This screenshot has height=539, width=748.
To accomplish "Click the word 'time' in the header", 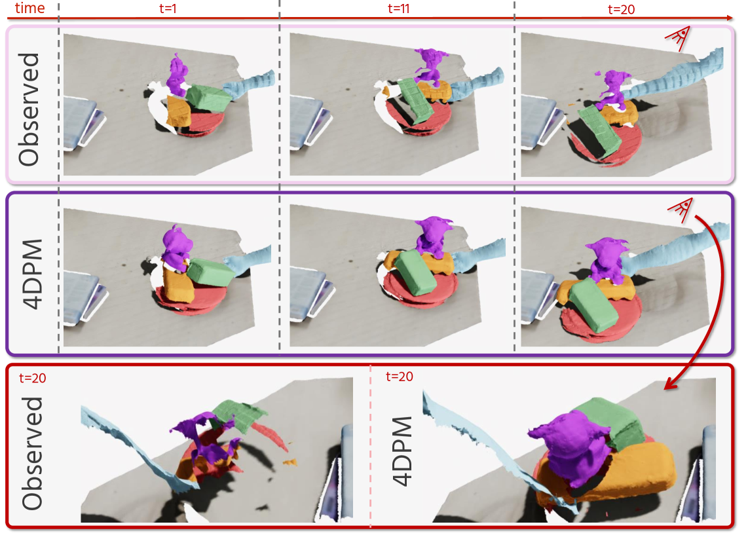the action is point(29,8).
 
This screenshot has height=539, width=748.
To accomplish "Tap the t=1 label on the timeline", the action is point(168,9).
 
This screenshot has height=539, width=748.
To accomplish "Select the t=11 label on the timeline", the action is point(398,9).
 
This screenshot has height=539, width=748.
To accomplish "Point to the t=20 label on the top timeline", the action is point(621,9).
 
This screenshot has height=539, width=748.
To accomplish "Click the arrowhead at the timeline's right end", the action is point(730,18).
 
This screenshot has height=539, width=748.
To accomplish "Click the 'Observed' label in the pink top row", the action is point(29,109).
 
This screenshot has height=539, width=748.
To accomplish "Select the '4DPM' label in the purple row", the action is point(32,274).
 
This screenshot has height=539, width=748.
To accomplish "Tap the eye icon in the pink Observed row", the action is point(678,38).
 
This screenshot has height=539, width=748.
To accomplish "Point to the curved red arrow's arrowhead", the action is point(671,384).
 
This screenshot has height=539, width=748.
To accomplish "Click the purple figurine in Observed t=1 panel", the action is point(178,75).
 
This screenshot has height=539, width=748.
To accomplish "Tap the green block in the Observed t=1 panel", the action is point(208,98).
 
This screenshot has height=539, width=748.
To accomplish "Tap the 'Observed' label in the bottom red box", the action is point(32,453).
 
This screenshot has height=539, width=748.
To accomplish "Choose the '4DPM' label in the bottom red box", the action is point(402,451).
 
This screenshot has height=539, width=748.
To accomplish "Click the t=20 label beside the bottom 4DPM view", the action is point(400,377).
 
